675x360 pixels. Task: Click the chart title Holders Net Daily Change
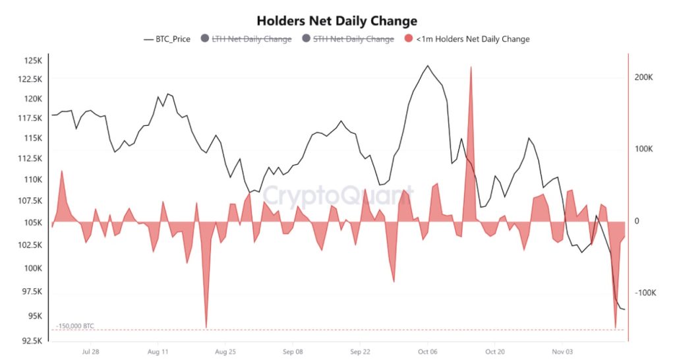(337, 21)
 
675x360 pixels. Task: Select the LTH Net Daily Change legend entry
(251, 39)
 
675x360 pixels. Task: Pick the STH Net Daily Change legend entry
(353, 39)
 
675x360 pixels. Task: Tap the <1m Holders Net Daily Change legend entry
(473, 39)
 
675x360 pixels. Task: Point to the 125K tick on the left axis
(33, 61)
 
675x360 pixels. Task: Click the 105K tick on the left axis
(33, 223)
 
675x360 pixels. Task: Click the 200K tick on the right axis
(643, 77)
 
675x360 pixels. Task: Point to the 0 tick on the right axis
(637, 222)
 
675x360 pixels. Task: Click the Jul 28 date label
(90, 352)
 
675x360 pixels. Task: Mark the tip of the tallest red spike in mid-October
(471, 67)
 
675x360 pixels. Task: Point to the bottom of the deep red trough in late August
(206, 326)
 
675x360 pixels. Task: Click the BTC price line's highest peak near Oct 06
(428, 66)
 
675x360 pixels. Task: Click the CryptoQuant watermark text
(336, 196)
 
